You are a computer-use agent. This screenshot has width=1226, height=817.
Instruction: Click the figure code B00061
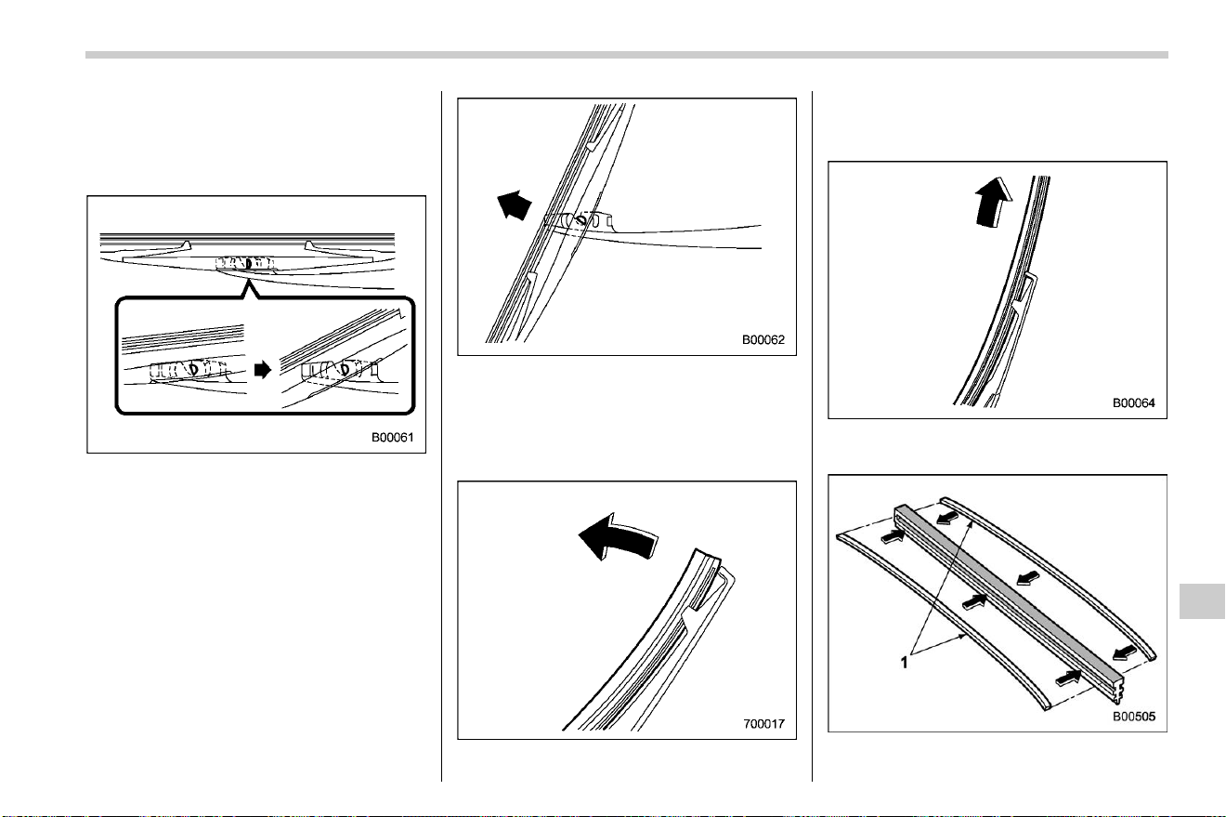tap(393, 438)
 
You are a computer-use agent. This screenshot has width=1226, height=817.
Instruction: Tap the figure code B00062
tap(763, 340)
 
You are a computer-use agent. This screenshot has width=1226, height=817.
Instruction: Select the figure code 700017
tap(763, 724)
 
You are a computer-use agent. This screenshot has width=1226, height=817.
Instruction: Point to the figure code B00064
tap(1133, 403)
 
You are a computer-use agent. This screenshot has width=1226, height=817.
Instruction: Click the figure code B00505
tap(1133, 717)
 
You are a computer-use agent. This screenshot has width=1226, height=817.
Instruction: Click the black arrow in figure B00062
tap(514, 205)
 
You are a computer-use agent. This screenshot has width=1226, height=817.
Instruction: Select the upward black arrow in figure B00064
tap(994, 202)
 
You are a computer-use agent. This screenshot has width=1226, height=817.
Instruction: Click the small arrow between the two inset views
tap(263, 370)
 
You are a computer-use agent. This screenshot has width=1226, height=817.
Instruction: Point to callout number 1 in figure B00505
tap(904, 663)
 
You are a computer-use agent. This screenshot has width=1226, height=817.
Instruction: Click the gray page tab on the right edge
tap(1202, 601)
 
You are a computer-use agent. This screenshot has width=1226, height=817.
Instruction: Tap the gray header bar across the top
tap(627, 55)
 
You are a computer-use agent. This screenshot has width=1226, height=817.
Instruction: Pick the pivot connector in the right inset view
tap(339, 370)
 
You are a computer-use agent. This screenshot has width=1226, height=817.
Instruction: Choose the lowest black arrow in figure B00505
tap(1068, 679)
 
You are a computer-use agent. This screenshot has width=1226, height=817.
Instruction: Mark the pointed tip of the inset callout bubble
tap(249, 280)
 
